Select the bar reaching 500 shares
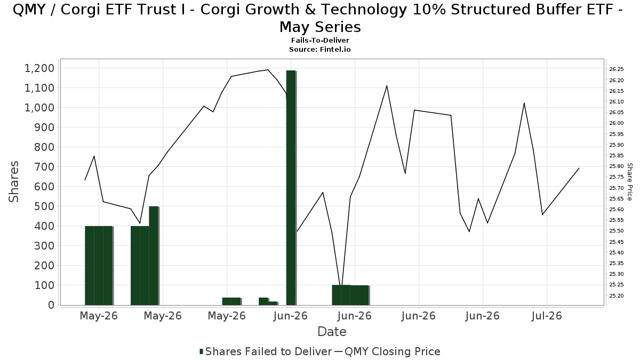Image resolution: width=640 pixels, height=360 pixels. pos(154,255)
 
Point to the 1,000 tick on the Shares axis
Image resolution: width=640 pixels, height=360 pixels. pos(39,108)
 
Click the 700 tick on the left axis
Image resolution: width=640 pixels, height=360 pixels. pos(44,167)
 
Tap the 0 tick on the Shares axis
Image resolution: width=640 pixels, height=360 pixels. pos(51,305)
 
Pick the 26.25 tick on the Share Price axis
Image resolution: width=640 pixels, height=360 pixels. pos(617,69)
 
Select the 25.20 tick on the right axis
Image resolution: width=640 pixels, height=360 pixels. pos(617,295)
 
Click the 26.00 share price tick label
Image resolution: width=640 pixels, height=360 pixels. pos(617,123)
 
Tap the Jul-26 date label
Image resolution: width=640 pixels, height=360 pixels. pos(547,316)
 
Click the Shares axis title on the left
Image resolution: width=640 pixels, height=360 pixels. pos(13,182)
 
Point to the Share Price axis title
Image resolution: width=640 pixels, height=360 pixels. pos(630,182)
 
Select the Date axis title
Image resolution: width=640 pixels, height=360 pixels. pos(332,332)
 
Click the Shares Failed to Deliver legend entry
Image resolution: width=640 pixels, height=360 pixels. pos(266,351)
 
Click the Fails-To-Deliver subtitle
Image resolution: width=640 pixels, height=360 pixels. pos(320,41)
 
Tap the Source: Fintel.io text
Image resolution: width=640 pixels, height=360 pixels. pos(320,50)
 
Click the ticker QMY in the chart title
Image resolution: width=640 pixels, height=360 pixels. pos(29,10)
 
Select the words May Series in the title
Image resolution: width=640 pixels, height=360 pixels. pos(320,27)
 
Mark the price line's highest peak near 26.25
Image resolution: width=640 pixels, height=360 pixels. pos(268,70)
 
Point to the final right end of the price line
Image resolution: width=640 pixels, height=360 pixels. pos(579,169)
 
